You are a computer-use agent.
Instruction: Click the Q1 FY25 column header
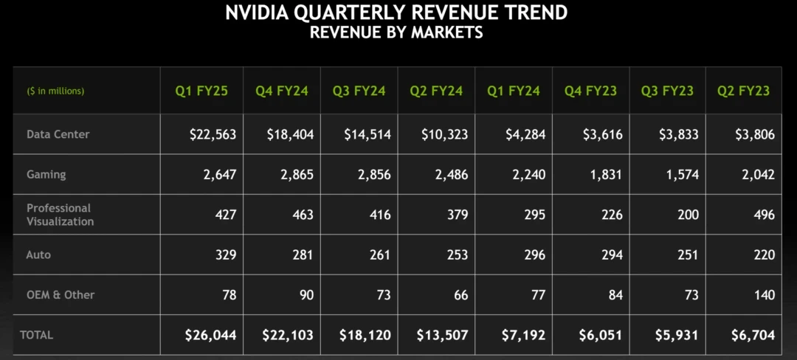pyautogui.click(x=201, y=91)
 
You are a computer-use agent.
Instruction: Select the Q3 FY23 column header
pyautogui.click(x=667, y=91)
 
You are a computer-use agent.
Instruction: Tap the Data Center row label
pyautogui.click(x=58, y=134)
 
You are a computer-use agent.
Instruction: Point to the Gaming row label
pyautogui.click(x=46, y=174)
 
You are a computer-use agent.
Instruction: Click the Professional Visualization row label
pyautogui.click(x=60, y=215)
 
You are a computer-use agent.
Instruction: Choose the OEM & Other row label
pyautogui.click(x=61, y=294)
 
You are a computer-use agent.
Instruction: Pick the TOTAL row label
pyautogui.click(x=36, y=335)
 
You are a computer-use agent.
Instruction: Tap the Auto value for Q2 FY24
pyautogui.click(x=457, y=255)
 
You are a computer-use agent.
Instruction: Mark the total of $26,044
pyautogui.click(x=210, y=335)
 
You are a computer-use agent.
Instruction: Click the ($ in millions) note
pyautogui.click(x=56, y=91)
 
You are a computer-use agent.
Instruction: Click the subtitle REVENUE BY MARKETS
pyautogui.click(x=396, y=32)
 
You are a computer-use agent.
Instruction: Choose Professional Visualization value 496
pyautogui.click(x=765, y=215)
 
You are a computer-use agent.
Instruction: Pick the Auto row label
pyautogui.click(x=38, y=255)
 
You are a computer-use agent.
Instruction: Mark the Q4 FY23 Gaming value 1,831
pyautogui.click(x=607, y=175)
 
